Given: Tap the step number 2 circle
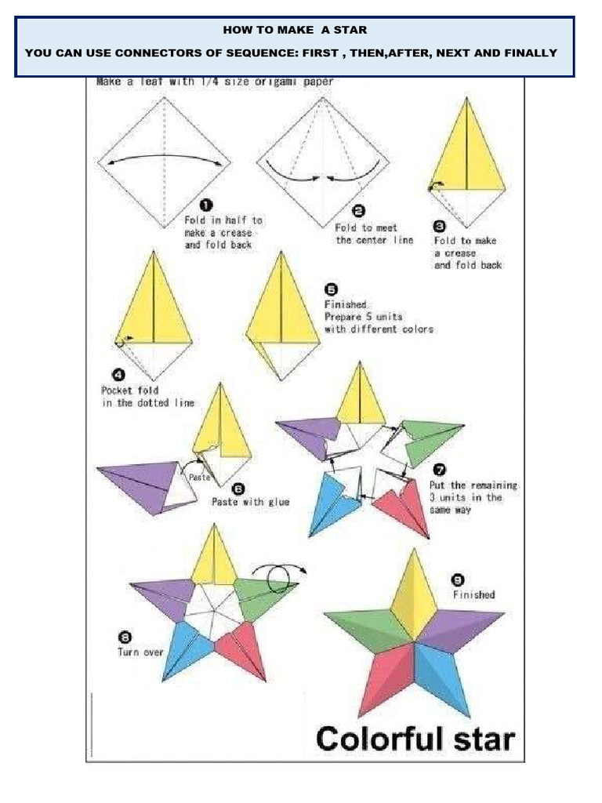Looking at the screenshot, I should point(359,210).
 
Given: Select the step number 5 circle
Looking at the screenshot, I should point(331,289).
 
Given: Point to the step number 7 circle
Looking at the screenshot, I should point(440,470).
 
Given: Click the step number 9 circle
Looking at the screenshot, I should point(459,580).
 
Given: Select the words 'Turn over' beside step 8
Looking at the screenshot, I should point(140,652).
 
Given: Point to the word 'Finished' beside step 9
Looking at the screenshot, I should point(473,594).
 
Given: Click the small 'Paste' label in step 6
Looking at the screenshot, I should point(200,476).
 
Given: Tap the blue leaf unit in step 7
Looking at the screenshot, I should point(329,502).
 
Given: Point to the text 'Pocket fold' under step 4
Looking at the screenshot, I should point(130,390).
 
